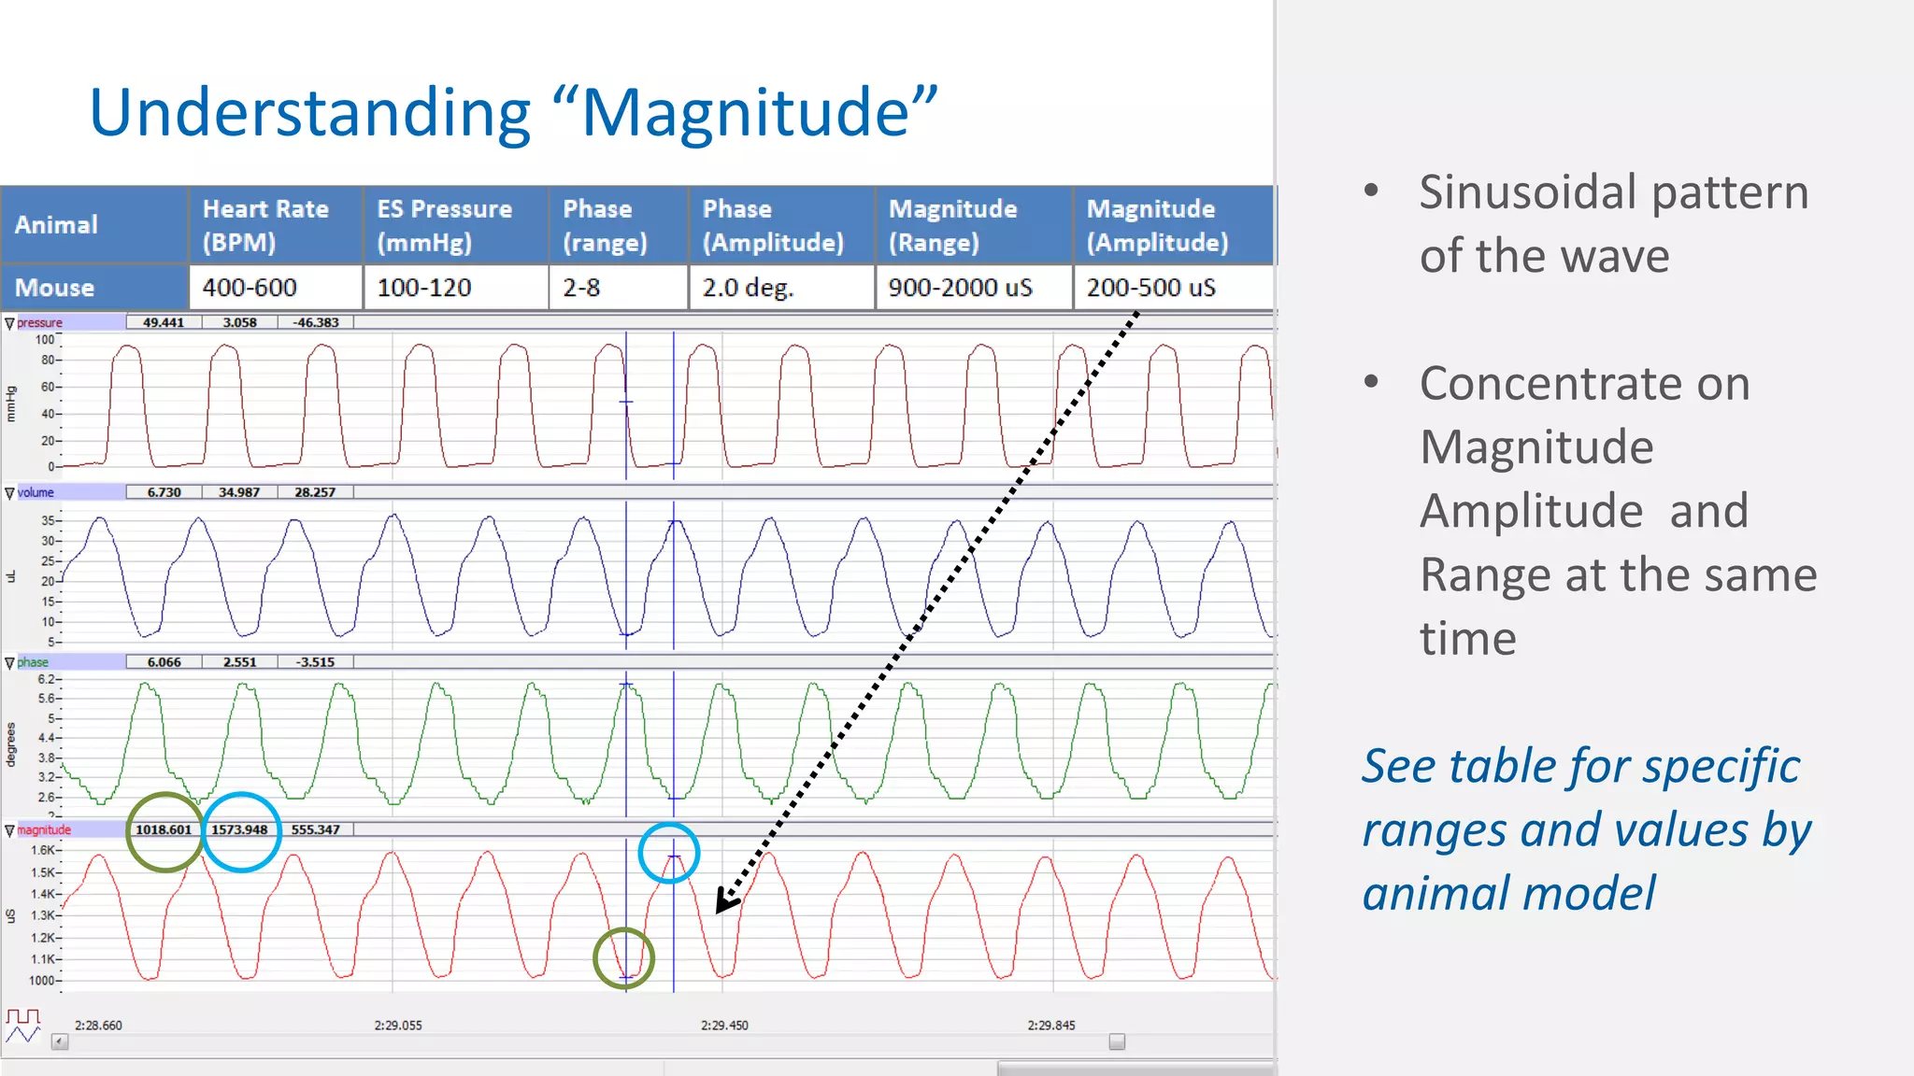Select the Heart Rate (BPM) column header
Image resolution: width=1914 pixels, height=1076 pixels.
[265, 225]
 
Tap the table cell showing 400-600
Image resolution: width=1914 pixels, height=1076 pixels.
[250, 288]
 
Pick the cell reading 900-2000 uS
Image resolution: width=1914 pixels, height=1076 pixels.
[960, 288]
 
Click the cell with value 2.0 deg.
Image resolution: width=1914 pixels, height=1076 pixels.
[748, 288]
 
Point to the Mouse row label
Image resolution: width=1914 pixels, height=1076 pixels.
[54, 288]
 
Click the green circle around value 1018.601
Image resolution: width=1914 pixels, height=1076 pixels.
[164, 831]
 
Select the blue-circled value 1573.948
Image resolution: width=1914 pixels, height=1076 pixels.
[240, 830]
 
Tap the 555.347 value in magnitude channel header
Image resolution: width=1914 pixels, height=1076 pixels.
[315, 829]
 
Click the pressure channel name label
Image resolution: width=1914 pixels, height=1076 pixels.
[39, 322]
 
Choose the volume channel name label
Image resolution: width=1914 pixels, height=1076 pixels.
[36, 492]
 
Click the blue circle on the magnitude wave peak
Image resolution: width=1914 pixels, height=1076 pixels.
[668, 853]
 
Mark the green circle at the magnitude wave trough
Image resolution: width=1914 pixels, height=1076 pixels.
[623, 958]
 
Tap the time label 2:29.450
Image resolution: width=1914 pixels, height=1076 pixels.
[724, 1025]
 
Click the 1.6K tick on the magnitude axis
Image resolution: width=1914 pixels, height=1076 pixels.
[43, 850]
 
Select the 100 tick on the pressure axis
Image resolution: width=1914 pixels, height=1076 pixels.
[45, 340]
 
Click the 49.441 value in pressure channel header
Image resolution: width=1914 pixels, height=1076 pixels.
[164, 322]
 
